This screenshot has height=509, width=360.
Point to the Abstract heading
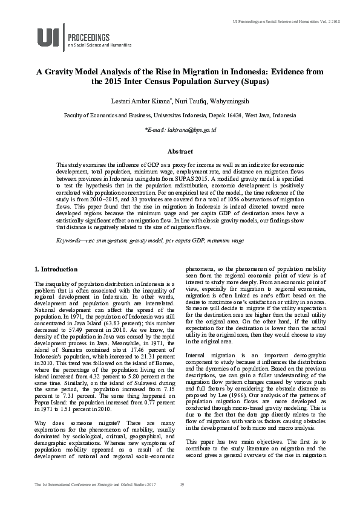(180, 152)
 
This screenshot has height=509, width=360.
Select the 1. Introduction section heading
(56, 268)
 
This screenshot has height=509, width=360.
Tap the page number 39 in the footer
(182, 502)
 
